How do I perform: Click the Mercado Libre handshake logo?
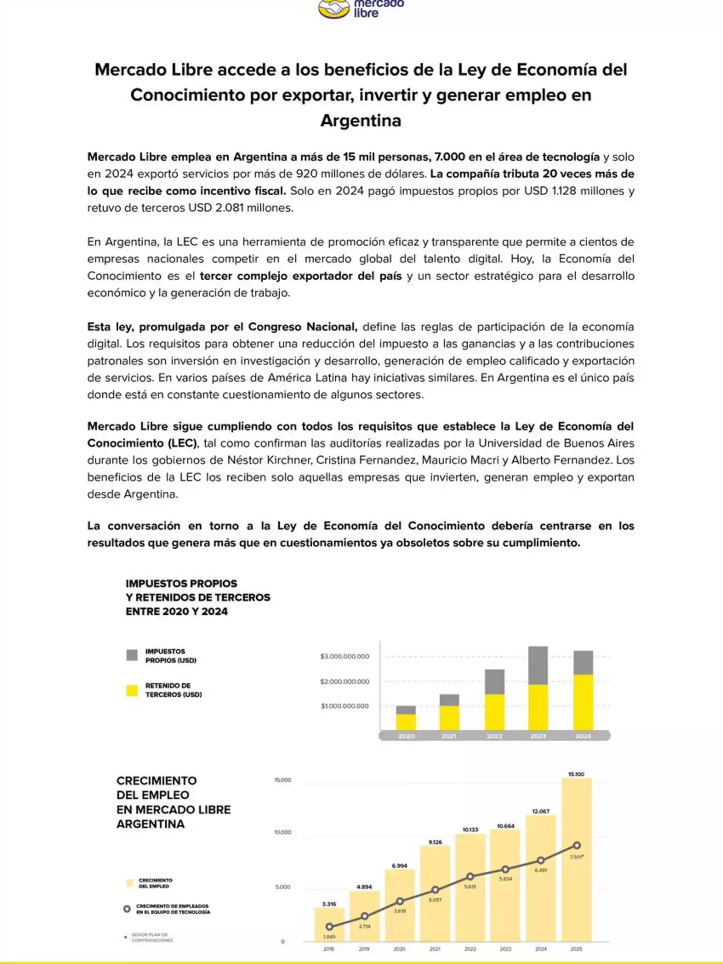click(333, 9)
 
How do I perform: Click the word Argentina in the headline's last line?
click(361, 121)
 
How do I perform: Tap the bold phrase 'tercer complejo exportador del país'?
click(300, 276)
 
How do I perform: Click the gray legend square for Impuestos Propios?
click(132, 655)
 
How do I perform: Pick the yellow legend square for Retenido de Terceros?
click(132, 690)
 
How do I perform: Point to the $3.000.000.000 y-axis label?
click(344, 656)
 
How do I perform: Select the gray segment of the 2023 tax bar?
click(538, 665)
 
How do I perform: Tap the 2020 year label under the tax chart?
click(406, 736)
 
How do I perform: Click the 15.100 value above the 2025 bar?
click(576, 774)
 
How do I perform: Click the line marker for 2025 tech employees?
click(577, 846)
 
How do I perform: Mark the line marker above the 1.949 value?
click(329, 927)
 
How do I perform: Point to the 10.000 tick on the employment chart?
click(283, 832)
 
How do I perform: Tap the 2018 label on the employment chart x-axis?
click(329, 949)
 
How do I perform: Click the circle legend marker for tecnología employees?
click(127, 909)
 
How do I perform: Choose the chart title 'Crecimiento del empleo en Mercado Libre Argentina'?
click(174, 802)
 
